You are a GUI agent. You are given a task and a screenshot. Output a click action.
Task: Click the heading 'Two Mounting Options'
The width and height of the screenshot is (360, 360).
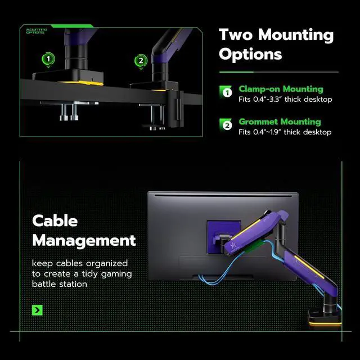tap(276, 44)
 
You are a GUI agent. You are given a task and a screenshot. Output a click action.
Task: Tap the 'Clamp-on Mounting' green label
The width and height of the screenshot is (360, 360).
tap(280, 89)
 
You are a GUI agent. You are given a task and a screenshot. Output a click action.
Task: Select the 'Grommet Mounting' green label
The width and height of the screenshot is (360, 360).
tap(279, 121)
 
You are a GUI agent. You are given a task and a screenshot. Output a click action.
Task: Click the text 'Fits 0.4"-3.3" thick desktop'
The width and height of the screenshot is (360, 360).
tap(285, 99)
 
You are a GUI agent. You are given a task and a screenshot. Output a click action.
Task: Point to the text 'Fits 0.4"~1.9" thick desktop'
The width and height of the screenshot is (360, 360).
tap(285, 132)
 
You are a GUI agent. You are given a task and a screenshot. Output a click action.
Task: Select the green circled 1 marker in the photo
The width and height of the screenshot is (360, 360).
tap(49, 59)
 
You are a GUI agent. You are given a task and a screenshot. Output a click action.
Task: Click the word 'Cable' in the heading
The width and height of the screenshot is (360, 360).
tap(55, 220)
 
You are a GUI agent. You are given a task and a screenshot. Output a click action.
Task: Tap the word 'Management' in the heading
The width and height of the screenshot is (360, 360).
tap(84, 241)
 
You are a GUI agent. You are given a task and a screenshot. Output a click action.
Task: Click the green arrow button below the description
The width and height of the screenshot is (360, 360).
tap(38, 310)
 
